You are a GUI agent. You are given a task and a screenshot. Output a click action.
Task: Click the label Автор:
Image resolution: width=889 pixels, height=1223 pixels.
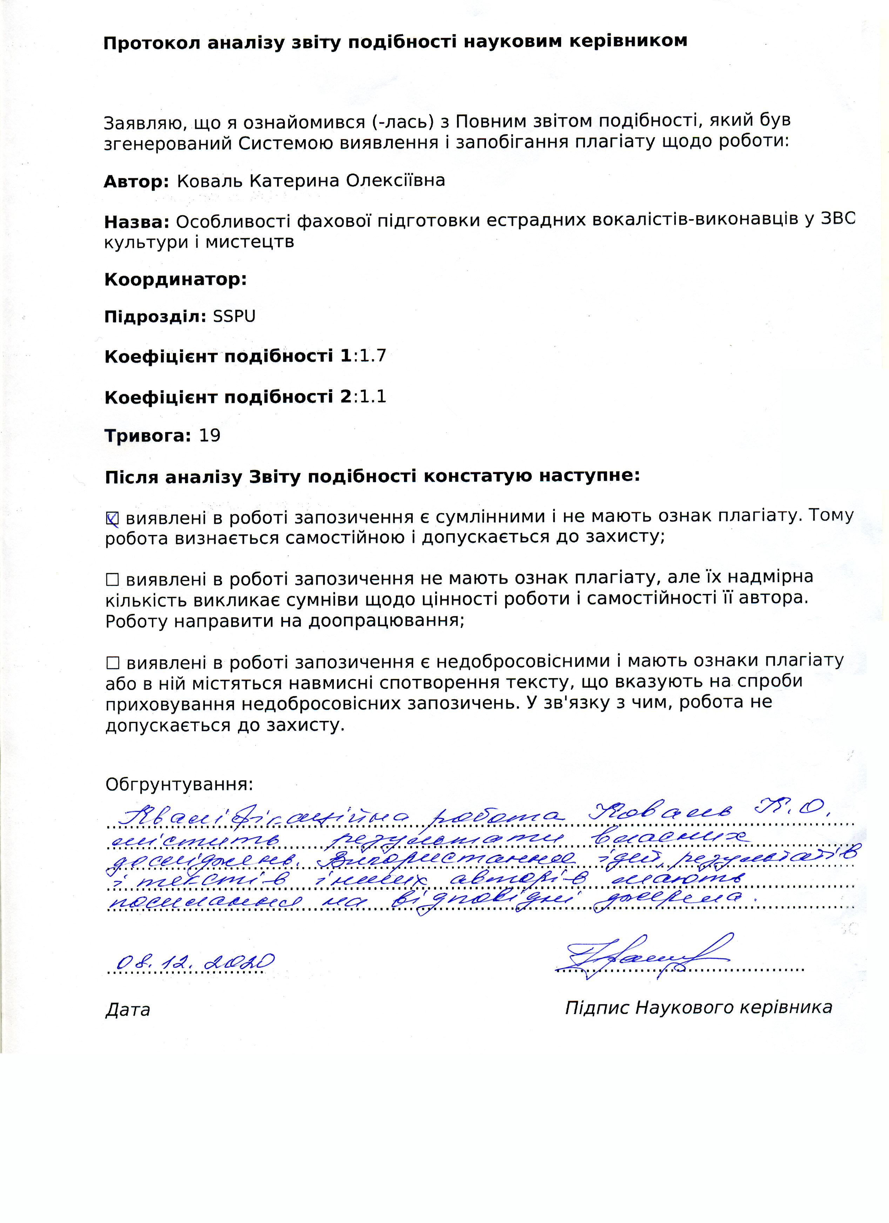coord(136,181)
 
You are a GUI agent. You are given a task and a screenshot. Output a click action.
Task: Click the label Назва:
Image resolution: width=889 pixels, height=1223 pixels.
coord(136,222)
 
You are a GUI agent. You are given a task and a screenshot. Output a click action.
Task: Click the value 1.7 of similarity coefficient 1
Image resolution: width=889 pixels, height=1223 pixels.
coord(373,356)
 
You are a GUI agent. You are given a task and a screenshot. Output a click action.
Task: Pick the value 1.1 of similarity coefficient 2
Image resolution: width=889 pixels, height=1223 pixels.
coord(373,397)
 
